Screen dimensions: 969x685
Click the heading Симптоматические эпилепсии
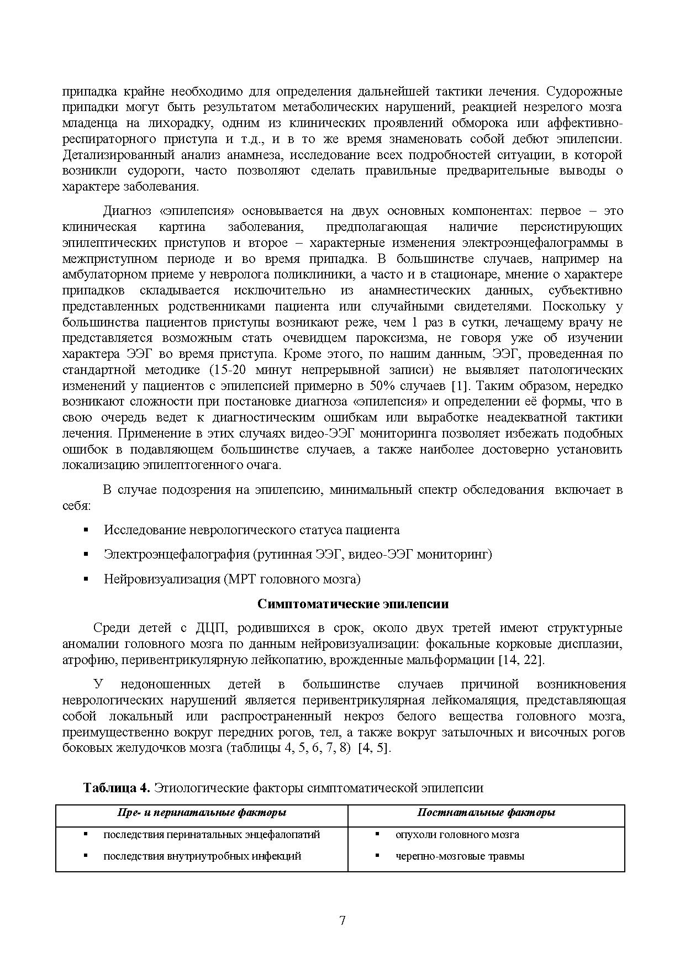pos(353,604)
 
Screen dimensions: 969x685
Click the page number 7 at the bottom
pos(342,920)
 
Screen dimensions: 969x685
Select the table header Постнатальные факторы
pos(486,813)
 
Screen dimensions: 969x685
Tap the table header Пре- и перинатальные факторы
pos(202,813)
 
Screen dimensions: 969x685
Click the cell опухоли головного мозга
pos(457,835)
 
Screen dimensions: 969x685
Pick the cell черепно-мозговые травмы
pos(460,856)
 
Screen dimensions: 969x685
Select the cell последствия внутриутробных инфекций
pos(202,856)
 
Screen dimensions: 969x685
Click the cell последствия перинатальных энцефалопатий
pos(212,835)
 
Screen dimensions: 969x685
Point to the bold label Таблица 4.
pos(117,788)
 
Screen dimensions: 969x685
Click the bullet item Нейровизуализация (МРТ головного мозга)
pos(232,579)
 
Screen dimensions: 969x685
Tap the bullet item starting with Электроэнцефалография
pos(297,554)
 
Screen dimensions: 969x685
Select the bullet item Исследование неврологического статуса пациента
pos(251,530)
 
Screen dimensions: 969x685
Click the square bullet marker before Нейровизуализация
pos(86,579)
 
